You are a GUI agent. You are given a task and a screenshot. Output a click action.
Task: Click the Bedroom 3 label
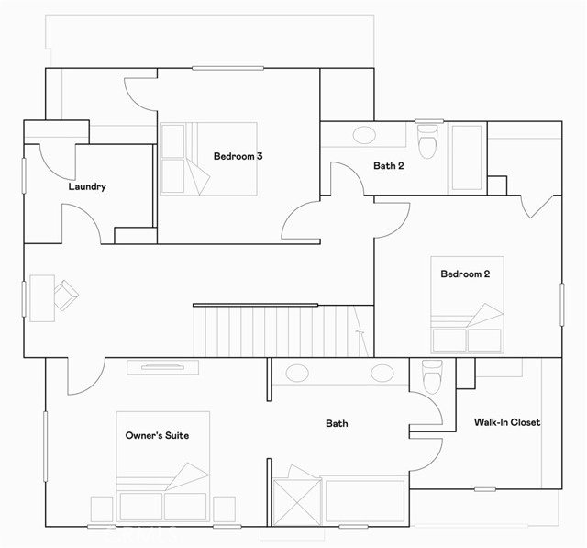click(238, 156)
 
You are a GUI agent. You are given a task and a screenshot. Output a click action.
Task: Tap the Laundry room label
click(87, 186)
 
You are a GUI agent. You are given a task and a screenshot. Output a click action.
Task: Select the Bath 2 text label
click(389, 165)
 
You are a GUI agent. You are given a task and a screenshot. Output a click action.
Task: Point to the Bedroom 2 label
click(465, 274)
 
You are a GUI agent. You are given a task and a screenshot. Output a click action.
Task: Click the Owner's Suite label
click(157, 435)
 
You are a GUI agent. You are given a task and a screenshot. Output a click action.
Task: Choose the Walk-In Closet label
click(507, 422)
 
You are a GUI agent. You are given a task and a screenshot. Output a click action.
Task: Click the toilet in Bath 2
click(428, 141)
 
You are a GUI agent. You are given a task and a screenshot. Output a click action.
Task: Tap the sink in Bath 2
click(364, 135)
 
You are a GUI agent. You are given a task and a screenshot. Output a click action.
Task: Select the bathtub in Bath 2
click(467, 157)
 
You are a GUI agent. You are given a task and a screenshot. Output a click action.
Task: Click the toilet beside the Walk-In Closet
click(432, 376)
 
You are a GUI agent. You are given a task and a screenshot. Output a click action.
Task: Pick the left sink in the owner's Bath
click(297, 373)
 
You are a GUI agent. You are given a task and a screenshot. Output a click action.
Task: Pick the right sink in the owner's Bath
click(382, 373)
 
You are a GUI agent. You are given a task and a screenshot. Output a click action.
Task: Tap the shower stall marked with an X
click(297, 502)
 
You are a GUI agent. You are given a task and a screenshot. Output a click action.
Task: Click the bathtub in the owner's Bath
click(365, 501)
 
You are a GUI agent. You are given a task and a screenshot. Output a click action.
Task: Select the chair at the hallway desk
click(66, 296)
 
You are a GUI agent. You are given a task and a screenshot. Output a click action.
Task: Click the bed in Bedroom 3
click(208, 159)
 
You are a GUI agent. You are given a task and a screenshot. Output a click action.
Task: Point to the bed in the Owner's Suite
click(163, 466)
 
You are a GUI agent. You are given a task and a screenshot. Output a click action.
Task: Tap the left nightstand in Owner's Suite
click(102, 509)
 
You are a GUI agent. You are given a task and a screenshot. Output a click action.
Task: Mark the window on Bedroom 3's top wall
click(228, 68)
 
